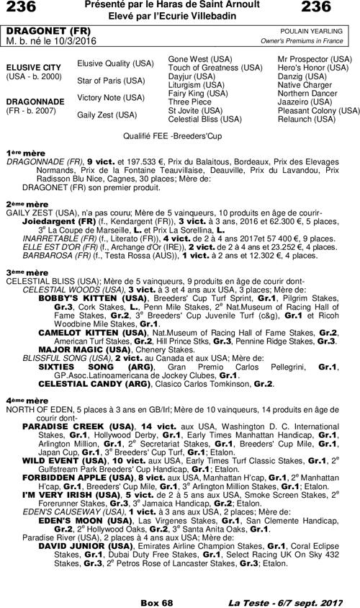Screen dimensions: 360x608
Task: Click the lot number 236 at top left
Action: point(22,8)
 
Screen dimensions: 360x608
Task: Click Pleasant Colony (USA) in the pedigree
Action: point(319,111)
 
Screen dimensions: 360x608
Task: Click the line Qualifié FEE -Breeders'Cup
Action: point(179,135)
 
